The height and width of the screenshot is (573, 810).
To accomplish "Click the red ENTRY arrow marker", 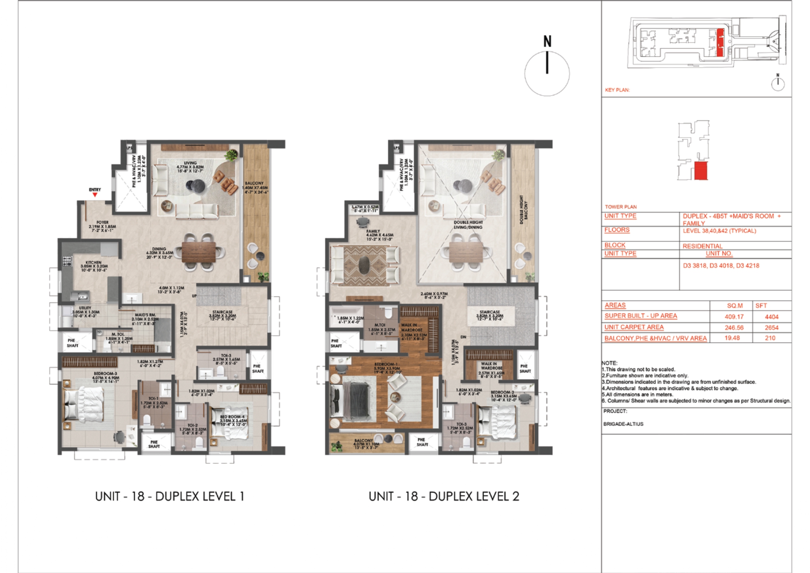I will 95,195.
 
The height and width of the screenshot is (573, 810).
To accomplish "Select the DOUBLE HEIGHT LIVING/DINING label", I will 468,225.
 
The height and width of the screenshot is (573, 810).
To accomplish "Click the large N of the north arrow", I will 547,41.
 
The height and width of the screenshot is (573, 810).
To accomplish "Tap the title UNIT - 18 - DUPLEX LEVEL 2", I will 443,496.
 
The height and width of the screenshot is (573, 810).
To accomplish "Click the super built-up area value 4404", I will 772,317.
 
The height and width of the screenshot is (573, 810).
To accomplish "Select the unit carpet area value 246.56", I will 734,328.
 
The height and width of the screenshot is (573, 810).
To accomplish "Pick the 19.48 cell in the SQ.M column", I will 732,338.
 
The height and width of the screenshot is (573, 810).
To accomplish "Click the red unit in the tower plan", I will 700,171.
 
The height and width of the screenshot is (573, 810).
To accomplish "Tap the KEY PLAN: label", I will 617,90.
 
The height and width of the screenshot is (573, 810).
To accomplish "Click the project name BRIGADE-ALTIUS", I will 623,424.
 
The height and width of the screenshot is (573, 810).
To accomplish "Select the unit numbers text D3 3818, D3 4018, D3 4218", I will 721,266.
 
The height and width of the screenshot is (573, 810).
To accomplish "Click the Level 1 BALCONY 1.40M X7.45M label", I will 255,187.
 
